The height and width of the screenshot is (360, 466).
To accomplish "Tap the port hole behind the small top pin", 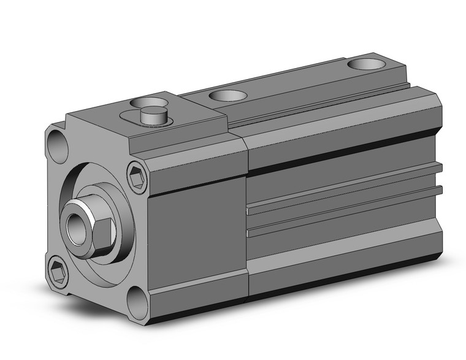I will coord(149,99).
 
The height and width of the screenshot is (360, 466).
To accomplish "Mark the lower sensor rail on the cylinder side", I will coord(343,212).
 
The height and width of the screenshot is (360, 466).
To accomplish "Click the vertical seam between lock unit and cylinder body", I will coord(246,215).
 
